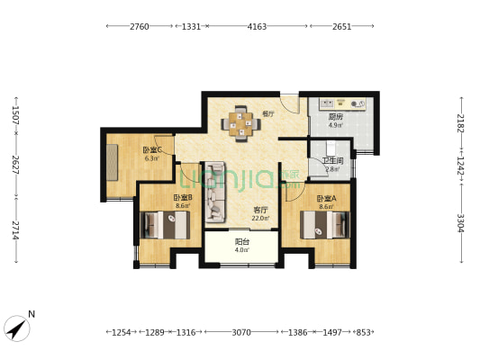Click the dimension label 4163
coord(257,27)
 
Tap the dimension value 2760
coord(140,27)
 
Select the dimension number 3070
coord(241,332)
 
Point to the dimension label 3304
coord(461,222)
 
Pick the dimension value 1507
coord(15,114)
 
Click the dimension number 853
coord(363,332)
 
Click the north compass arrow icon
coord(17,328)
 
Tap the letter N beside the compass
coord(32,314)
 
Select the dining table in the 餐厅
coord(241,124)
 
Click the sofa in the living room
coord(215,193)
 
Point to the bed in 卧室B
coord(165,225)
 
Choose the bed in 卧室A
coord(324,225)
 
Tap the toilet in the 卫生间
coord(331,148)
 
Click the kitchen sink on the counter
coord(327,103)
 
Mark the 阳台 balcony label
coord(242,242)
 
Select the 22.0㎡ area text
coord(260,219)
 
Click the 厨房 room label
coord(336,116)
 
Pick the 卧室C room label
coord(152,150)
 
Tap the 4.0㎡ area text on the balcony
coord(242,250)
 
